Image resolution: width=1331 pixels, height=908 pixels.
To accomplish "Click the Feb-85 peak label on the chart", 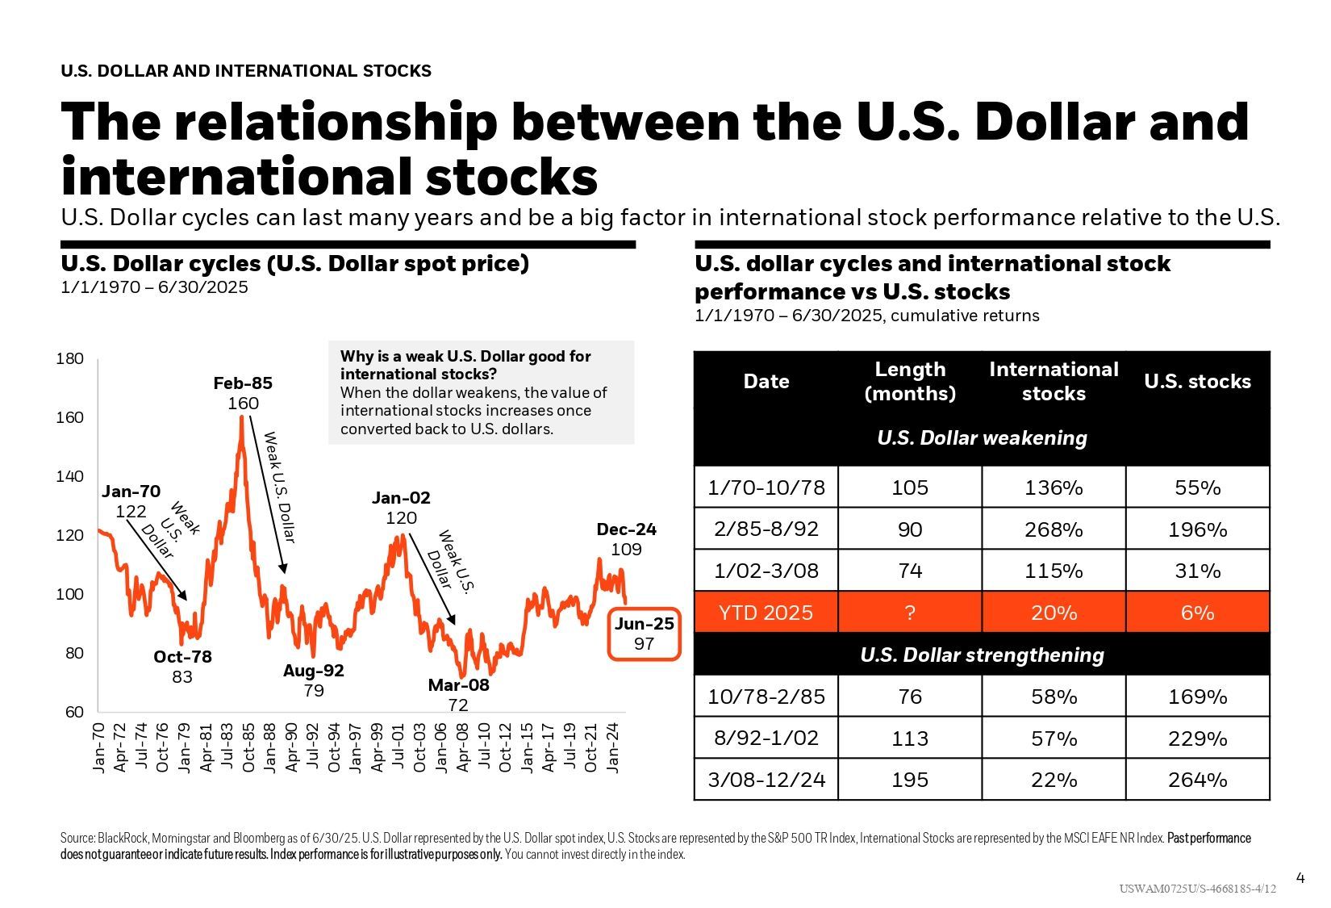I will (243, 383).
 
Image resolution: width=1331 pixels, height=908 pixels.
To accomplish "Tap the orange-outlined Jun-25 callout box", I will (644, 634).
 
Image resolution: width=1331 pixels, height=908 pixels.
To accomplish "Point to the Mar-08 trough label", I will (458, 685).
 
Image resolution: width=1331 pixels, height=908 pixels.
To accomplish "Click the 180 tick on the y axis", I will (70, 358).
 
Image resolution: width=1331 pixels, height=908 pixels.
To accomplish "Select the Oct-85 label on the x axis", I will (248, 747).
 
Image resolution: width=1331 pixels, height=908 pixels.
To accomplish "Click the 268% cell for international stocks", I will (1054, 529).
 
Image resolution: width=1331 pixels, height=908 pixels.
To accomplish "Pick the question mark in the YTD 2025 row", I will (910, 613).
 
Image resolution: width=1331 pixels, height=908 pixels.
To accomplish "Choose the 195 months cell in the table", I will (910, 780).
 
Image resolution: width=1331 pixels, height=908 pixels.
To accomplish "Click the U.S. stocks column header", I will (1197, 382).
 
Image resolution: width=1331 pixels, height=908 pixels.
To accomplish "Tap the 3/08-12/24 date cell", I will (766, 780).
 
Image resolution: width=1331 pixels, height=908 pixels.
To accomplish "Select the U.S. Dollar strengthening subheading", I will (982, 655).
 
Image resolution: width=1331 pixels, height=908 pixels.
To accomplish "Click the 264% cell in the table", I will (1197, 780).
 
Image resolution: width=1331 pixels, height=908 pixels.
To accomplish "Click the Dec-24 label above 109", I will (626, 530).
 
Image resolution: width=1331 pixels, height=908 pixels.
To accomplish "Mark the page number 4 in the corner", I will (1300, 878).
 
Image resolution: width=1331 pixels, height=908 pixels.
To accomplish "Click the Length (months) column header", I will (910, 382).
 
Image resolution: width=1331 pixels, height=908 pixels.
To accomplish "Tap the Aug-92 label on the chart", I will (313, 671).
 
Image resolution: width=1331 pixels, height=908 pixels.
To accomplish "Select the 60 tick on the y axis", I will (74, 712).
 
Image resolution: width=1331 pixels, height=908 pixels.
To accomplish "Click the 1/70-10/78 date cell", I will (766, 487).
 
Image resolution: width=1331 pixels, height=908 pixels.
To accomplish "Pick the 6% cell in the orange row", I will (1197, 613).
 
